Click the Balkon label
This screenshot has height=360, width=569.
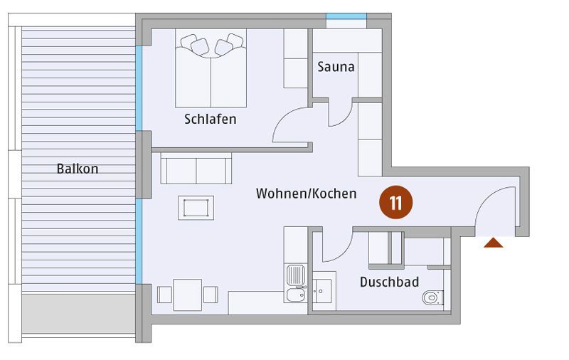click(78, 169)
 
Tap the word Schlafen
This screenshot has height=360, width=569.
click(210, 119)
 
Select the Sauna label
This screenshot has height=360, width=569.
click(336, 67)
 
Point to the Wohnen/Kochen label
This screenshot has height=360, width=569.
click(307, 194)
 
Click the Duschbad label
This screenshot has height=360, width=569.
click(389, 282)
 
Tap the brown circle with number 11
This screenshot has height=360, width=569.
click(396, 203)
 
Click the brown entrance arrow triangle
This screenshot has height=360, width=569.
click(493, 243)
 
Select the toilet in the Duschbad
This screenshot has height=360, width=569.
click(432, 297)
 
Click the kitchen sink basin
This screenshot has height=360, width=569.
click(296, 295)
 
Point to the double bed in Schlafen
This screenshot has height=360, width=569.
click(211, 68)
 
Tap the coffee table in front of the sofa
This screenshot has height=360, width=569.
click(196, 208)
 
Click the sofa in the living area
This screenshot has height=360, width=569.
click(196, 169)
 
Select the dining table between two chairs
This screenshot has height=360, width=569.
click(187, 295)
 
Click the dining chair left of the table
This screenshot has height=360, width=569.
click(164, 295)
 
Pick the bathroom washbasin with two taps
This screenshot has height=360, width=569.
click(322, 291)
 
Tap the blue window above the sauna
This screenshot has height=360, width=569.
click(346, 16)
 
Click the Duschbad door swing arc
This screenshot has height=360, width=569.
click(345, 254)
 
